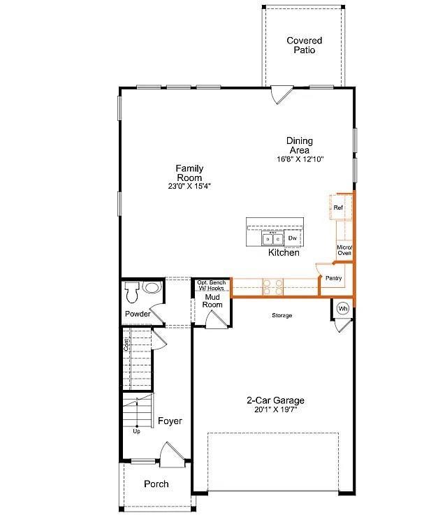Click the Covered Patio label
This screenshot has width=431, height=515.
coord(304,45)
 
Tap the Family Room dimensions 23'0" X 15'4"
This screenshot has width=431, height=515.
coord(189,187)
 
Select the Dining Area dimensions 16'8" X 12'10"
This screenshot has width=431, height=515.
coord(300,159)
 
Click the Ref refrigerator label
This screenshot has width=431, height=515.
coord(338,208)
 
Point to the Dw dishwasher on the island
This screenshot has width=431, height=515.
coord(293,239)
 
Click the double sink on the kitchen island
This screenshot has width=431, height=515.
coord(272,239)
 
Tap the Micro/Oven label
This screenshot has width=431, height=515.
coord(344,250)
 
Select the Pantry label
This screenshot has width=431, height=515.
coord(333,278)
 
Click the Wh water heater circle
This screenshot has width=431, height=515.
coord(343,308)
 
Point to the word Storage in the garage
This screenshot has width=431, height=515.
coord(282,316)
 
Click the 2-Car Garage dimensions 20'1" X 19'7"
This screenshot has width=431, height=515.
coord(275,410)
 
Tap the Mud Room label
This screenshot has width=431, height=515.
coord(212,300)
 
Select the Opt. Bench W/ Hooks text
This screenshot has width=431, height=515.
coord(210,285)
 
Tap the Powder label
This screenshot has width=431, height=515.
coord(138,314)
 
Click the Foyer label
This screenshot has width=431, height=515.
coord(170,421)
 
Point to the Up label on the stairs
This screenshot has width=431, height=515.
coord(136,431)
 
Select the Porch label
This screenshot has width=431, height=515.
coord(156,484)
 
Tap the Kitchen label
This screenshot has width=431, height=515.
coord(284,252)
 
